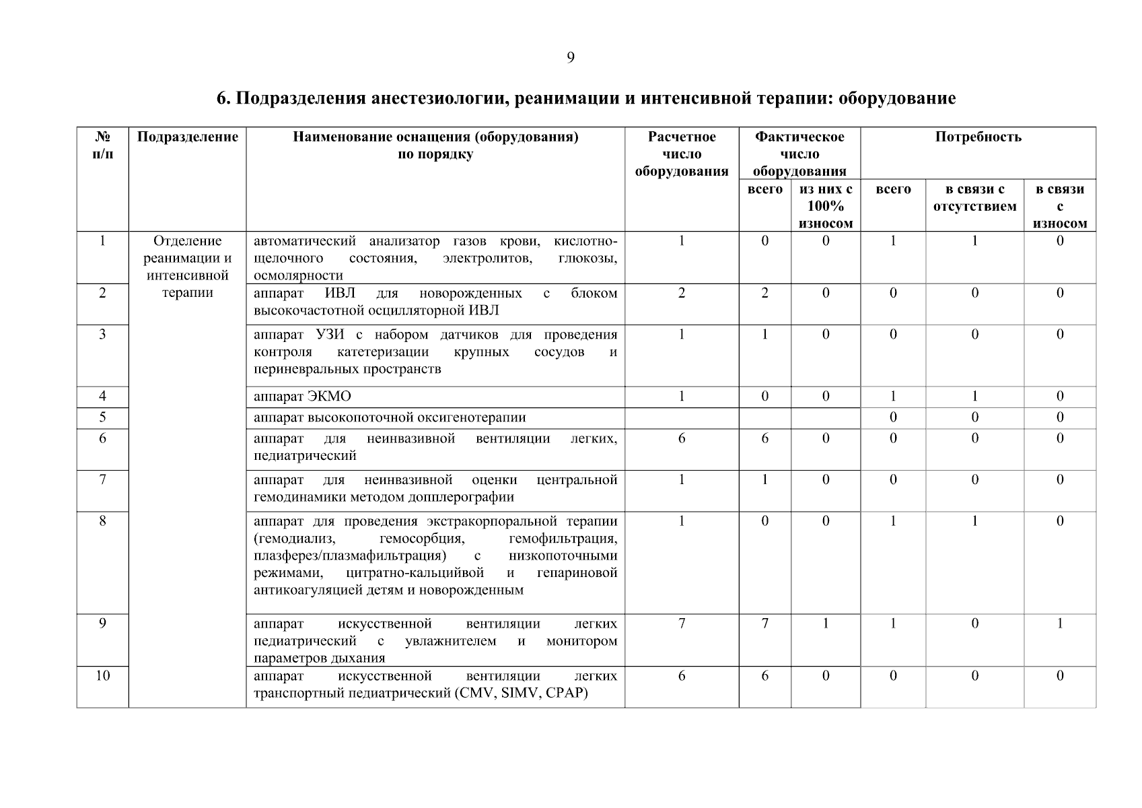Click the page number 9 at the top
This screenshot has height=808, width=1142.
click(571, 58)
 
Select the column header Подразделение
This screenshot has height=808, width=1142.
click(187, 137)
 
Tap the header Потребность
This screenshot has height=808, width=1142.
click(978, 137)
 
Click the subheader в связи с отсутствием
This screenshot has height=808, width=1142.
click(974, 198)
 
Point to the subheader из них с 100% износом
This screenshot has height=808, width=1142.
click(826, 206)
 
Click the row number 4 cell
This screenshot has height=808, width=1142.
click(102, 397)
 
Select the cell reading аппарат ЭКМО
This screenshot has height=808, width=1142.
click(302, 397)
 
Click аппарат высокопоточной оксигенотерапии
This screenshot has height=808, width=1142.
click(390, 418)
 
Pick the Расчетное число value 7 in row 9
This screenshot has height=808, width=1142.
click(682, 624)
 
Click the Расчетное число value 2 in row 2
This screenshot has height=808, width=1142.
click(682, 294)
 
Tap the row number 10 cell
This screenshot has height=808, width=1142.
click(102, 676)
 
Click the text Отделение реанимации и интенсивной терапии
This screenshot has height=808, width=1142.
click(187, 267)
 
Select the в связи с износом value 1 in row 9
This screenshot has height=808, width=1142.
click(1059, 624)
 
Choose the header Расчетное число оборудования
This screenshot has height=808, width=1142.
click(682, 154)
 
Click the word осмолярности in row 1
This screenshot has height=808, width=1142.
click(298, 275)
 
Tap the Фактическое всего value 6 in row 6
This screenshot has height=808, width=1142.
click(764, 439)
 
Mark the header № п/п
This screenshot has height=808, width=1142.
click(102, 145)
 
